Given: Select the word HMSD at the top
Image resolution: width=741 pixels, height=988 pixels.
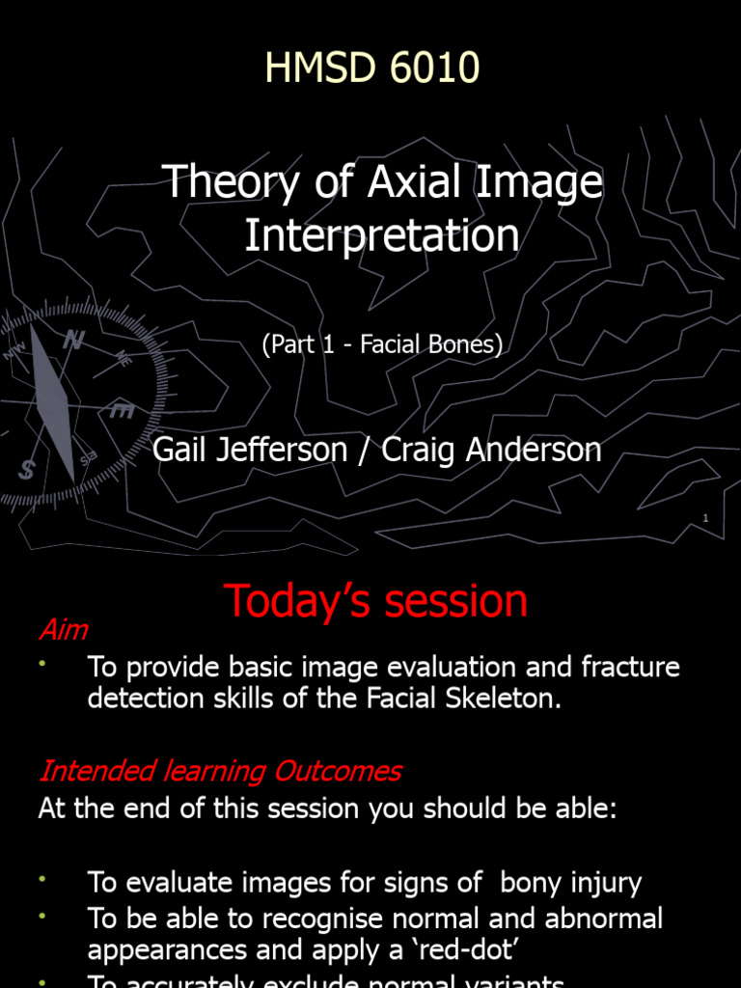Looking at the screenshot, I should pos(311,69).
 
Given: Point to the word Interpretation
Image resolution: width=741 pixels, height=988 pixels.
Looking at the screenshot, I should pos(381,235).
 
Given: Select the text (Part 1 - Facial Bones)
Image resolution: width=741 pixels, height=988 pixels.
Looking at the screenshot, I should pos(382,345).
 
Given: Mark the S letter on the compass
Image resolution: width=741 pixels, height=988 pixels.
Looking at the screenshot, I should pos(26,470).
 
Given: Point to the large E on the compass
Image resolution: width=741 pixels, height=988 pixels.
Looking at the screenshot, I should pos(122,411).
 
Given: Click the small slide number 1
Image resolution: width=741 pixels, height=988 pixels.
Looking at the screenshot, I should pos(705,519).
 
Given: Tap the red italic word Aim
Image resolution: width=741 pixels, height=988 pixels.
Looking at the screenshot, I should pos(64,630).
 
